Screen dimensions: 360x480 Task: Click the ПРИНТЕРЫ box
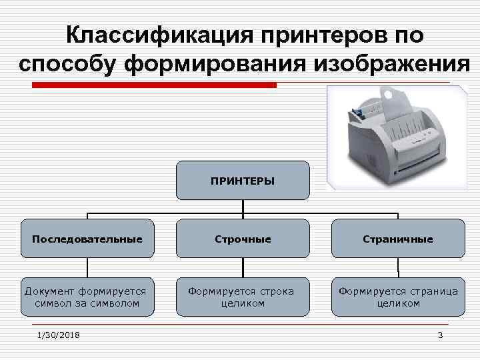[x=243, y=180]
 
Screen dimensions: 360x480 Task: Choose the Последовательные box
[x=87, y=238]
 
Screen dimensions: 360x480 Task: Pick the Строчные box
[x=243, y=238]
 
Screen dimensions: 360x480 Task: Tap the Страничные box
[x=398, y=238]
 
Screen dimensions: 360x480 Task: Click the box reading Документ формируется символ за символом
[x=87, y=296]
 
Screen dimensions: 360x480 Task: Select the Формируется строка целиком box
[x=243, y=296]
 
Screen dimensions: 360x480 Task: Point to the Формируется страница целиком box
[x=398, y=296]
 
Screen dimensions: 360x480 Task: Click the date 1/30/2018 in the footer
[x=58, y=335]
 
